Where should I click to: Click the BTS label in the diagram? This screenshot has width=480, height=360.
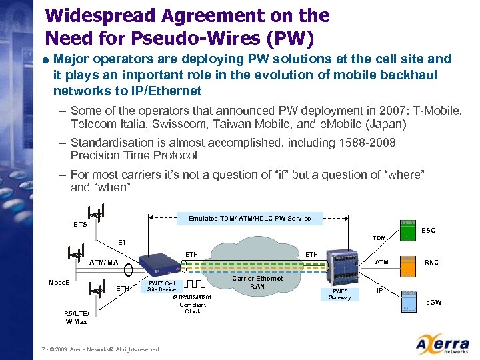click(81, 225)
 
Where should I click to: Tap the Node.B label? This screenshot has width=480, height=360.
click(61, 282)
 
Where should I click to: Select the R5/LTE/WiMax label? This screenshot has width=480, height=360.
click(76, 317)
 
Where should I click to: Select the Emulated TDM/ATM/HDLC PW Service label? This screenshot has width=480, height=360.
click(249, 218)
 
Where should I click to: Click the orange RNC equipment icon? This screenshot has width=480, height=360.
click(407, 265)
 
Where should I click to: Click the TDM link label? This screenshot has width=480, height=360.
click(379, 237)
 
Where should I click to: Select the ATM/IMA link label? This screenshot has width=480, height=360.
click(103, 262)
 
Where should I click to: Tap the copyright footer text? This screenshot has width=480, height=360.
click(101, 349)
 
